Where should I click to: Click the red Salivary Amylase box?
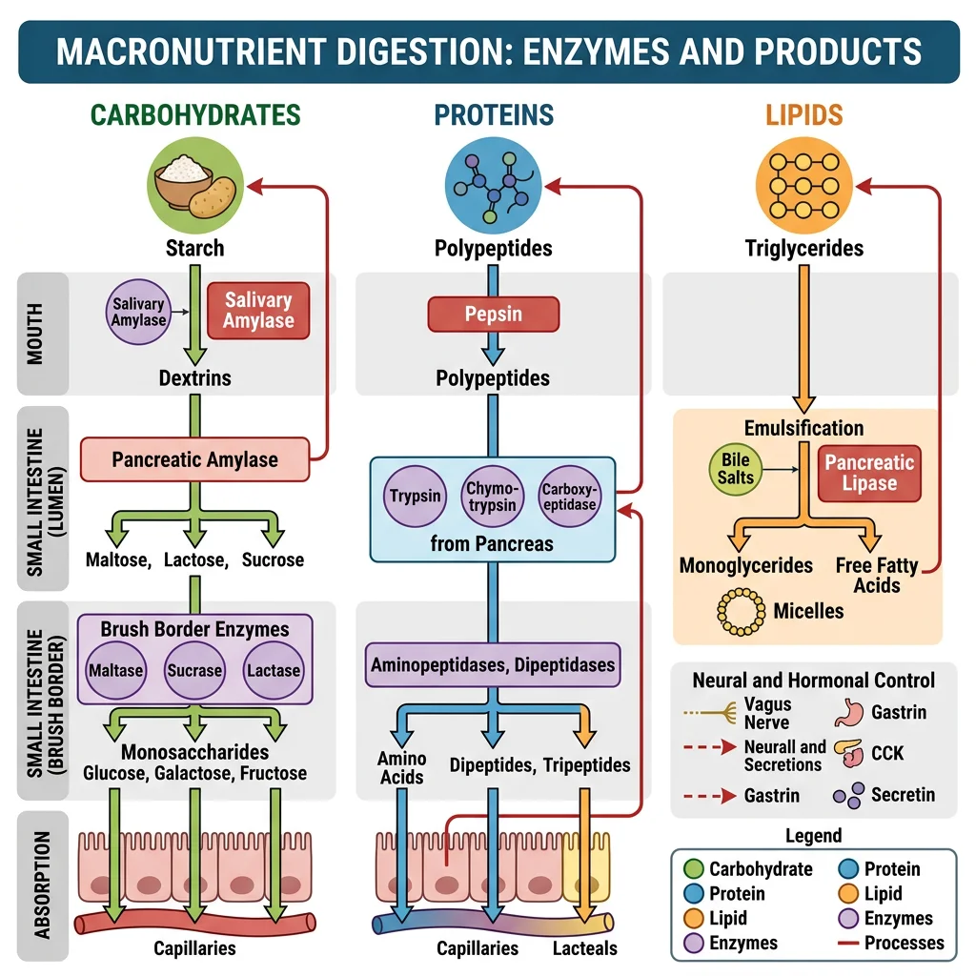coord(258,310)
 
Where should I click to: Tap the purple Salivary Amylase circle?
coord(139,312)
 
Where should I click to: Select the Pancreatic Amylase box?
coord(195,459)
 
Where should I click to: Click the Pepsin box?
coord(493,314)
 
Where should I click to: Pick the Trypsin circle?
coord(416,496)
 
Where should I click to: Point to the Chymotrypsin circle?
coord(493,496)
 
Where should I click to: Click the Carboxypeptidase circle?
coord(569,496)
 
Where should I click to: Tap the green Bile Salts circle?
coord(735,469)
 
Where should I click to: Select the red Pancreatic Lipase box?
coord(869,473)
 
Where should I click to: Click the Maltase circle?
coord(115,670)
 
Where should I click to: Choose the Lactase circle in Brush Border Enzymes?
coord(274,670)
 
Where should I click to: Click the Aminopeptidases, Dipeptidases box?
coord(493,664)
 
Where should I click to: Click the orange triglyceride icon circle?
coord(803,184)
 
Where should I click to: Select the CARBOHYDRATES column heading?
coord(195,115)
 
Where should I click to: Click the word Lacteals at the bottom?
coord(585,948)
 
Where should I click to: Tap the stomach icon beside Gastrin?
coord(847,712)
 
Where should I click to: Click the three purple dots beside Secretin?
coord(847,794)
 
